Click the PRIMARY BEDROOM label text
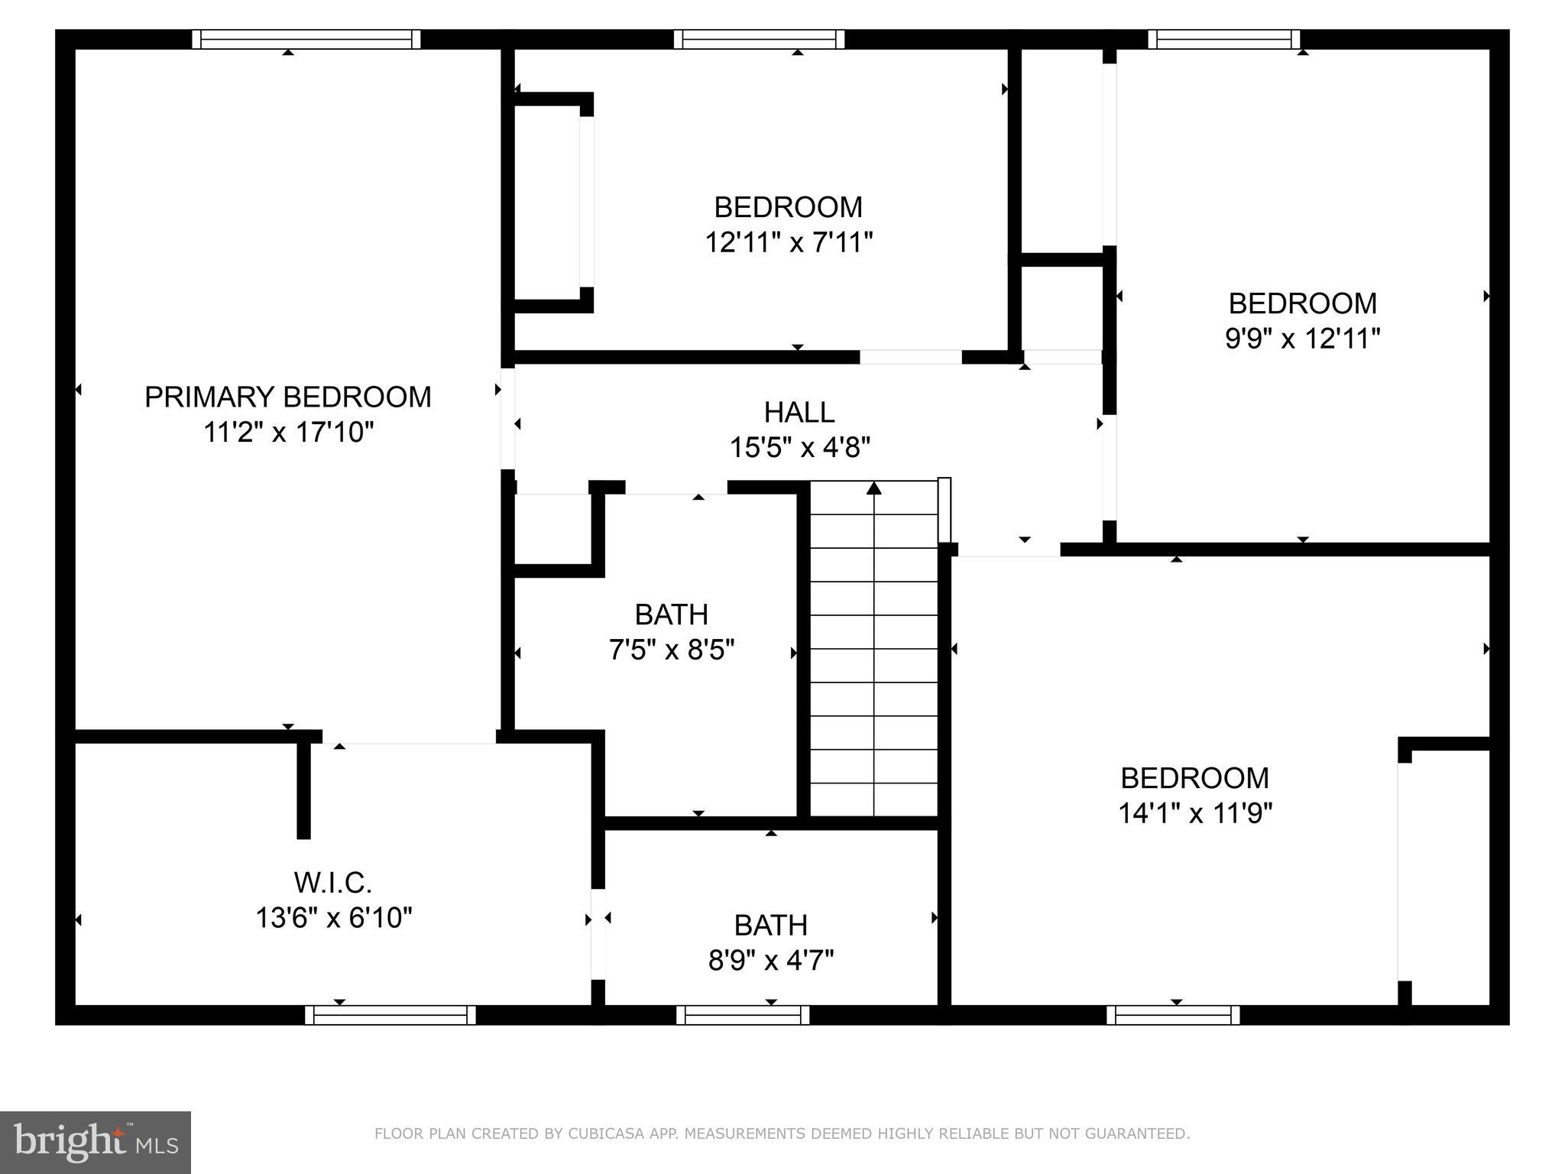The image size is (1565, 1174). point(288,397)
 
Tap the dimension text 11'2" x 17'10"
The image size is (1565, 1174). point(288,433)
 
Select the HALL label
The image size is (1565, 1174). point(799,413)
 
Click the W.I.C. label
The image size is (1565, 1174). point(333,883)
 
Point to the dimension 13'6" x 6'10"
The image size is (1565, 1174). point(333,917)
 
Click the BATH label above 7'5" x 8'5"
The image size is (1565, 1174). point(672,615)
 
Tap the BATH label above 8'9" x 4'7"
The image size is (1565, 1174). point(770,925)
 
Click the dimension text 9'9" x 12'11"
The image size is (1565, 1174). point(1302,339)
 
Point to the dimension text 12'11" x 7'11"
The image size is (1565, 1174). point(789,243)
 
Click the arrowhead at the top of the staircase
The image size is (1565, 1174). point(874,487)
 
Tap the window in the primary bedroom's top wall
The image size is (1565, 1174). point(306,39)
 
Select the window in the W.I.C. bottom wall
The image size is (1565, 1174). point(390,1015)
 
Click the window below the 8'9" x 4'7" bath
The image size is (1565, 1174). point(743,1015)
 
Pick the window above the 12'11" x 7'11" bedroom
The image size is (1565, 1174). point(759,39)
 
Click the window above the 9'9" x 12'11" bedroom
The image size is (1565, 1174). point(1224,39)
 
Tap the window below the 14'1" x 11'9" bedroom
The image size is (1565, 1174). point(1173,1015)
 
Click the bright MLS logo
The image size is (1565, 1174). point(96,1143)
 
